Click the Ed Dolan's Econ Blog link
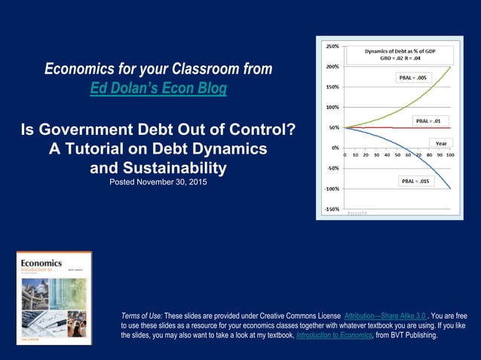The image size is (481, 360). click(x=158, y=89)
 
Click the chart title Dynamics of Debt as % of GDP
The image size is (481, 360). click(x=398, y=51)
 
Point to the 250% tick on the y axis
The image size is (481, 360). click(x=330, y=46)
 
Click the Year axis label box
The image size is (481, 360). click(x=443, y=142)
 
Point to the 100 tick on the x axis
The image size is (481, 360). click(x=450, y=155)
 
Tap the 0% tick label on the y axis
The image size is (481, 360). click(x=333, y=148)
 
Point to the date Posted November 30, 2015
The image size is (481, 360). click(x=158, y=182)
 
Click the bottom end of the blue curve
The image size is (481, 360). click(x=451, y=188)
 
